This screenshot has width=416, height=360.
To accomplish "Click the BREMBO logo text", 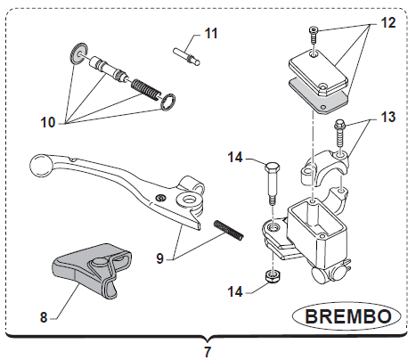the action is [348, 316].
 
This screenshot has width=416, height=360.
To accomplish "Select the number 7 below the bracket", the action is [208, 352].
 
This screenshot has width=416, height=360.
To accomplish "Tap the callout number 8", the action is [44, 317].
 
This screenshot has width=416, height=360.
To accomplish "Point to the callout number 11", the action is [211, 33].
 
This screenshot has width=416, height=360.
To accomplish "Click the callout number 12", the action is [388, 22].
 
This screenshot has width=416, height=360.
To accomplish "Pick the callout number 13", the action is [388, 117].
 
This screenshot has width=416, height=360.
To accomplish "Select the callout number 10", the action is [48, 122].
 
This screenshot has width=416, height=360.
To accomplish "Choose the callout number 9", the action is [160, 258].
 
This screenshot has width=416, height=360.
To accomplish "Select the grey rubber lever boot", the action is [92, 269].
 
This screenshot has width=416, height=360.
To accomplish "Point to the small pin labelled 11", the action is [186, 56].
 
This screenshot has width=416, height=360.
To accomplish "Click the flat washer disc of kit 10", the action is [79, 53].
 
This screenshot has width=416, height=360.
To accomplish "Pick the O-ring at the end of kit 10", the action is [167, 102].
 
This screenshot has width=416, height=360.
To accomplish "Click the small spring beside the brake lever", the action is [229, 230].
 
